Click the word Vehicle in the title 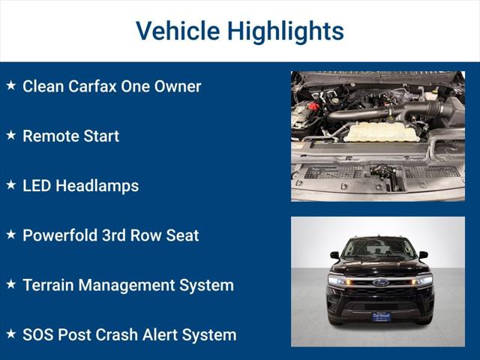pyautogui.click(x=177, y=31)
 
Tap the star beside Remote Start pyautogui.click(x=11, y=136)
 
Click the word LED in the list pyautogui.click(x=37, y=186)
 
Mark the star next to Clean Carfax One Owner pyautogui.click(x=11, y=85)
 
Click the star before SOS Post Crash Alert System pyautogui.click(x=11, y=334)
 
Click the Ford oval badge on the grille pyautogui.click(x=381, y=283)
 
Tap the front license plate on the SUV pyautogui.click(x=381, y=316)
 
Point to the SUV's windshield pyautogui.click(x=379, y=248)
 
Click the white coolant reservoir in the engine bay pyautogui.click(x=382, y=133)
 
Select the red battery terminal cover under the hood pyautogui.click(x=313, y=106)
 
